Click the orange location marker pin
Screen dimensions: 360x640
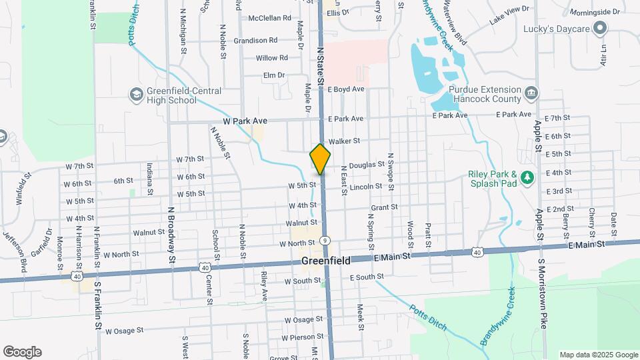tap(320, 159)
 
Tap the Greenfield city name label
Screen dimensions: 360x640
tap(326, 261)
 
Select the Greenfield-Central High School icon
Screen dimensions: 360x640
tap(137, 95)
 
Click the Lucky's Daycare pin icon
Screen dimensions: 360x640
tap(599, 28)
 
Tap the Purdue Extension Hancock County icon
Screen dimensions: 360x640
tap(531, 93)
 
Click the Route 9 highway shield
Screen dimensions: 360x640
tap(325, 240)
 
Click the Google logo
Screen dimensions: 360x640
tap(22, 351)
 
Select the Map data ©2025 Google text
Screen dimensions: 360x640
tap(599, 355)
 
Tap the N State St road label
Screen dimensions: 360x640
tap(321, 65)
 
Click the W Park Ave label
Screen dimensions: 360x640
tap(245, 121)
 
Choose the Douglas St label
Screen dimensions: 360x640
tap(367, 164)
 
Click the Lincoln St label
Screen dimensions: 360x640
tap(365, 187)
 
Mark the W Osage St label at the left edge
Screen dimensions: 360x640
tap(121, 330)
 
